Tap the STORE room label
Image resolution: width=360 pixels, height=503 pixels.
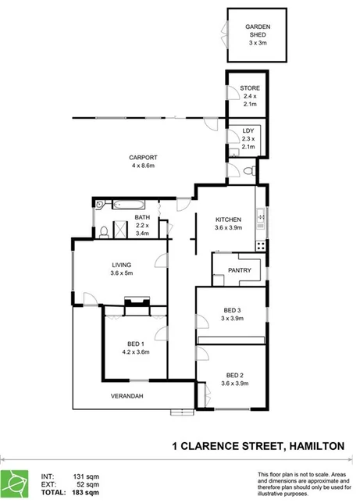click(249, 88)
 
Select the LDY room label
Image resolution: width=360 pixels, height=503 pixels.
click(248, 130)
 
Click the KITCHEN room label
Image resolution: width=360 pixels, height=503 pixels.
click(229, 219)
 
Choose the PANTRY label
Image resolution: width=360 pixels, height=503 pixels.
click(239, 270)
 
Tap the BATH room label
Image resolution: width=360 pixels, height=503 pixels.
click(141, 217)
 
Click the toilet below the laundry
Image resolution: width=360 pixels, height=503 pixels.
click(246, 171)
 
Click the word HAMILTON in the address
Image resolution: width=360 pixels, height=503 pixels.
click(316, 445)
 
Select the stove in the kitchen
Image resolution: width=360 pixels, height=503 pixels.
click(262, 244)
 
